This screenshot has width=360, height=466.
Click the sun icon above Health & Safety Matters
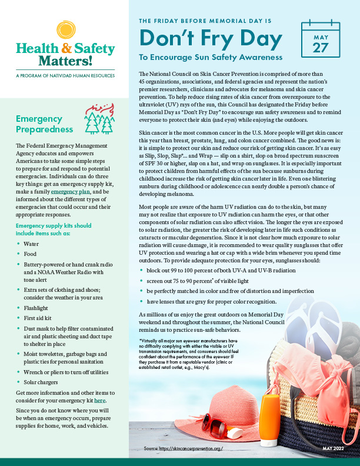pyautogui.click(x=64, y=30)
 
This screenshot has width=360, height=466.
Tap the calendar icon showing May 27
pyautogui.click(x=321, y=41)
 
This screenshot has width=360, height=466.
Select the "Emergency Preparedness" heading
pyautogui.click(x=45, y=124)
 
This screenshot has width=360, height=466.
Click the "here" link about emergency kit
pyautogui.click(x=101, y=400)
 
